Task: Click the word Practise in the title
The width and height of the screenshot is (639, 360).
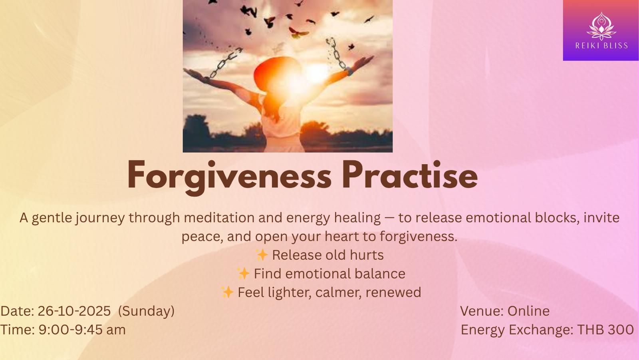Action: pos(410,175)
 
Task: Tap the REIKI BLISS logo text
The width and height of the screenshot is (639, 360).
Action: pos(601,46)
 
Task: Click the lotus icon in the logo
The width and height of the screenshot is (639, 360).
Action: pos(601,26)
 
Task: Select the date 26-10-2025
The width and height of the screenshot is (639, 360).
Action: pos(74,311)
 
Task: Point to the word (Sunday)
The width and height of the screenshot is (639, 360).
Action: pos(146,311)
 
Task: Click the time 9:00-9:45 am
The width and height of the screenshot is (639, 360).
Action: pos(82,330)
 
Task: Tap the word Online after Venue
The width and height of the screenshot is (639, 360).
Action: pos(528,311)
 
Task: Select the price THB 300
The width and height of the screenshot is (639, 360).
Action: pos(605,330)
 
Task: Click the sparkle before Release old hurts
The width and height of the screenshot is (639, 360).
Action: pos(262,255)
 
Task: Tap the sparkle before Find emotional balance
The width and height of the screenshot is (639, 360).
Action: pos(243,273)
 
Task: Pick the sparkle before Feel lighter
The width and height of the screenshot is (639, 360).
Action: pos(227,292)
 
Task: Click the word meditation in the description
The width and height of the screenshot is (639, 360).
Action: pos(219,218)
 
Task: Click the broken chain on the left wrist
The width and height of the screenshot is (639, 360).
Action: pos(225,63)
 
